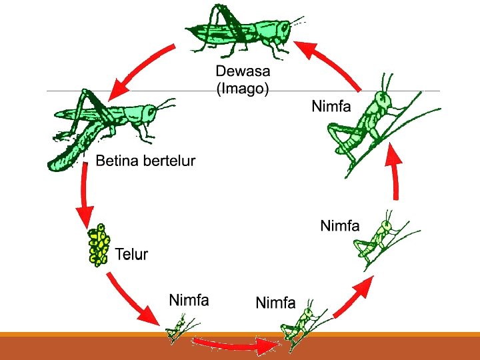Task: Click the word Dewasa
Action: click(243, 71)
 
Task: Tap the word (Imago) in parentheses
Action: click(243, 89)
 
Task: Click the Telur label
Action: click(131, 254)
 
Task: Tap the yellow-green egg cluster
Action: click(99, 245)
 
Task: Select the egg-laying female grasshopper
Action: click(107, 127)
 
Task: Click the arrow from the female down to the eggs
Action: click(85, 197)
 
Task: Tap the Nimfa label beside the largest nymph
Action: click(331, 107)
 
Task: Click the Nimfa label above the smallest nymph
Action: click(189, 300)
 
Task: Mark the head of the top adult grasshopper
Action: click(283, 29)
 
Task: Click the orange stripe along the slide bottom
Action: click(240, 335)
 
